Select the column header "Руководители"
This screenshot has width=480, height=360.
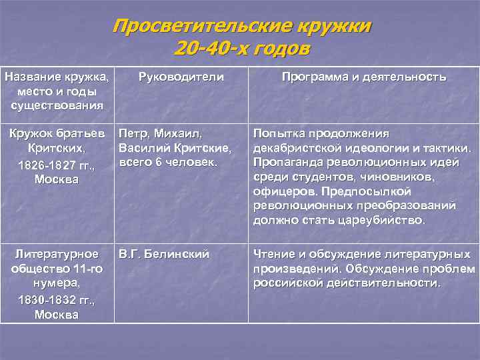coord(181,77)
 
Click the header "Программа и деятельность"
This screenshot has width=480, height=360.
coord(364,77)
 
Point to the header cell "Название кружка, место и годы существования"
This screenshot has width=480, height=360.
coord(57,91)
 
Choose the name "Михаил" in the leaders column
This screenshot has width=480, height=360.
coord(179,133)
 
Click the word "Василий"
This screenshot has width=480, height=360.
coord(141,147)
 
